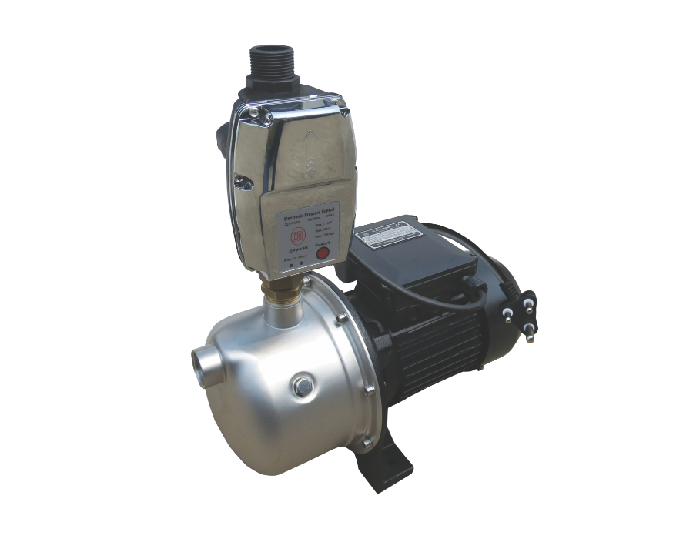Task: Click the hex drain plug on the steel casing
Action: click(303, 387)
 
